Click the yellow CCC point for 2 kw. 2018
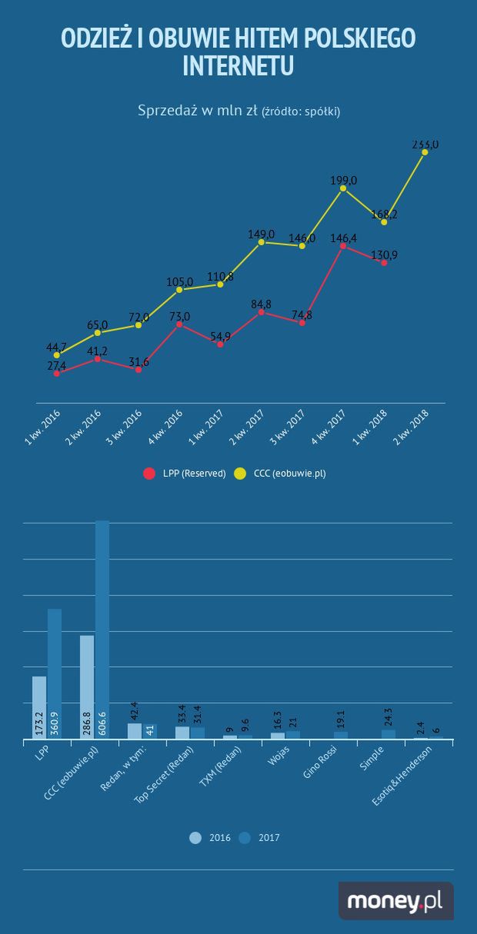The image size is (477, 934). (x=425, y=152)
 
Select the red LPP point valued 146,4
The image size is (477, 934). (x=343, y=246)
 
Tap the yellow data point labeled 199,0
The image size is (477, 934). (x=343, y=188)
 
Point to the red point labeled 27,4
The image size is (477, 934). (x=57, y=373)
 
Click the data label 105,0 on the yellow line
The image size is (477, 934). (x=179, y=281)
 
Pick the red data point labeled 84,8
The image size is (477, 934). (x=262, y=312)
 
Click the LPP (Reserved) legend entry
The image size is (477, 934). (x=185, y=474)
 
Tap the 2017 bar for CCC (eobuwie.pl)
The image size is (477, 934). (x=102, y=630)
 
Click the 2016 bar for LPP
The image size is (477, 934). (x=39, y=707)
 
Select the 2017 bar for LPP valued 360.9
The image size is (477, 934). (x=55, y=673)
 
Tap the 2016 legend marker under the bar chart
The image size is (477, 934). (x=196, y=838)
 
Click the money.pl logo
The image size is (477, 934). (x=395, y=901)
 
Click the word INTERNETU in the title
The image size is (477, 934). (x=239, y=66)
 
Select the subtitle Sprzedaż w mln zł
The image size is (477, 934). (x=197, y=111)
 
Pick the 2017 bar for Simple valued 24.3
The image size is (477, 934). (x=389, y=734)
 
